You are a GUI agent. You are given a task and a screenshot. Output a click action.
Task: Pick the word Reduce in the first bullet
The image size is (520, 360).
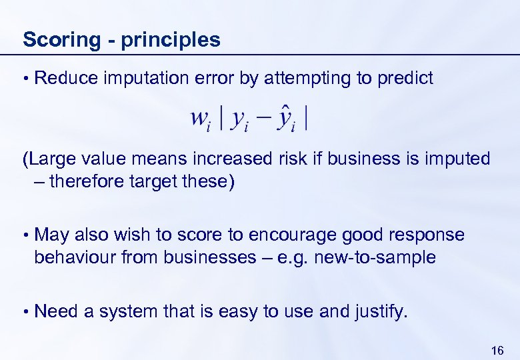pyautogui.click(x=65, y=79)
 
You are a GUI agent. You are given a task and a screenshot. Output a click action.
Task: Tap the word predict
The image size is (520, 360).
pyautogui.click(x=405, y=79)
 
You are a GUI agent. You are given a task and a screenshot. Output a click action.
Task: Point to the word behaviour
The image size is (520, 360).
pyautogui.click(x=73, y=258)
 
